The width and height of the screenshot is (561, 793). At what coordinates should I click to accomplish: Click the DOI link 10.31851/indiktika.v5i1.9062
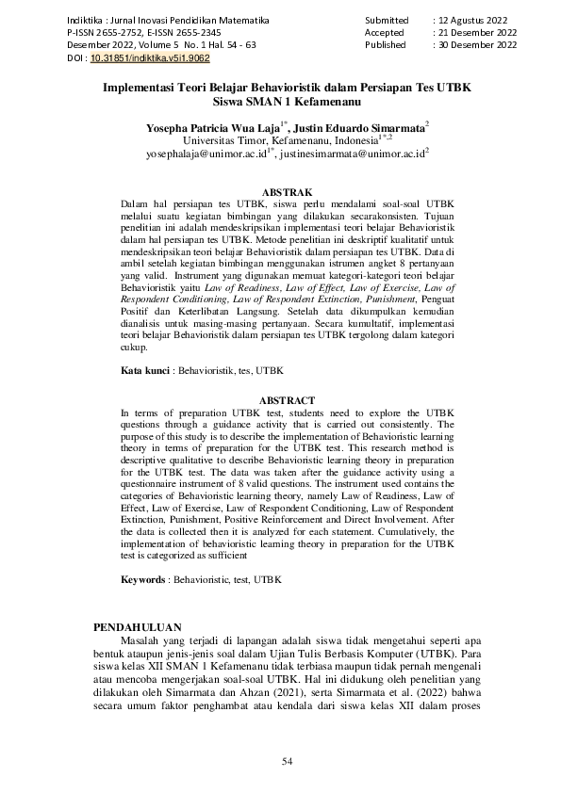pyautogui.click(x=136, y=57)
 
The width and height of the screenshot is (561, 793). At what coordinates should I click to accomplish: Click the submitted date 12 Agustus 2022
pyautogui.click(x=477, y=19)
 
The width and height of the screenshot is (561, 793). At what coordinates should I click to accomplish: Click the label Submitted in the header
pyautogui.click(x=387, y=19)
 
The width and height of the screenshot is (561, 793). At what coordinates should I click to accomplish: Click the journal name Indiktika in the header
pyautogui.click(x=85, y=19)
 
